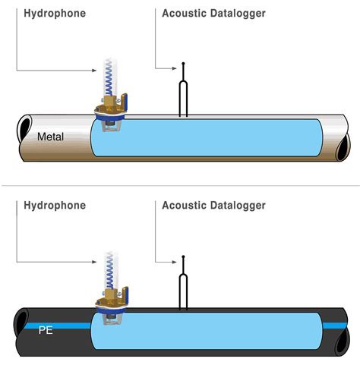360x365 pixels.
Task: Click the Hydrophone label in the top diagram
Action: (x=55, y=14)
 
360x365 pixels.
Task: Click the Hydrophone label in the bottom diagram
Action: (x=55, y=206)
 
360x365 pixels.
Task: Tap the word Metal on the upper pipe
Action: (x=53, y=137)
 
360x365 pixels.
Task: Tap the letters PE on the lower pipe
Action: (x=46, y=329)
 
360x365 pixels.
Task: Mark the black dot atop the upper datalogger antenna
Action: (x=183, y=64)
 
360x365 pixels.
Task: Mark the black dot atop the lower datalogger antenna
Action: (x=183, y=256)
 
